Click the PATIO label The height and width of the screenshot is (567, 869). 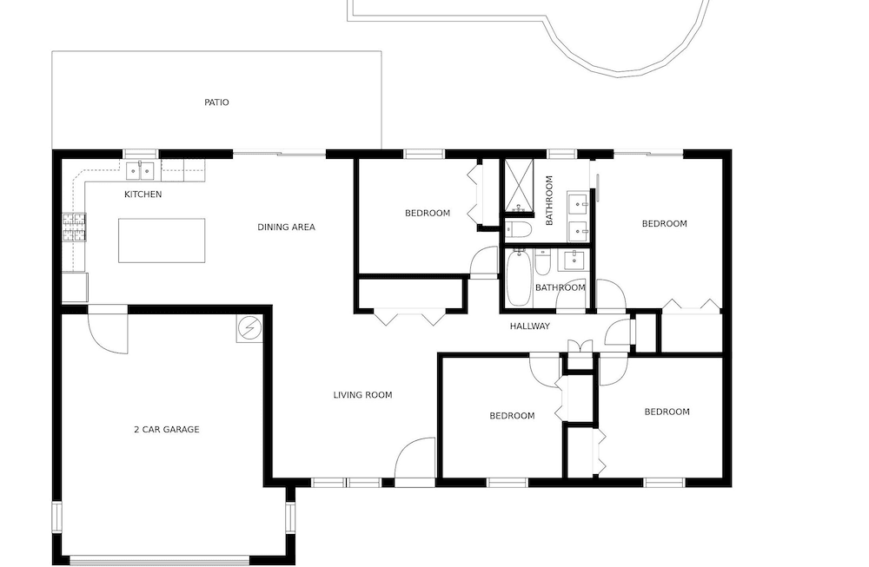[216, 102]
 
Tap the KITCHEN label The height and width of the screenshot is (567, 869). [143, 194]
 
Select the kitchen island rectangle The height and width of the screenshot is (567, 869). [162, 241]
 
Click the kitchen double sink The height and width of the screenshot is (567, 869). [140, 171]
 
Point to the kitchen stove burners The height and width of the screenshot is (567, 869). [74, 227]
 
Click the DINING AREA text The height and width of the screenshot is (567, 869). [287, 227]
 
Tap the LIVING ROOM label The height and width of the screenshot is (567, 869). [363, 395]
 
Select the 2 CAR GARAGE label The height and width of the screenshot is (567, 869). [167, 430]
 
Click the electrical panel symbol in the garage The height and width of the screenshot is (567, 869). [249, 329]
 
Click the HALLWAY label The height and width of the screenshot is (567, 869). [530, 326]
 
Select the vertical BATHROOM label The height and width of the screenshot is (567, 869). [549, 201]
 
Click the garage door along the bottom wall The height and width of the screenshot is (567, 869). [160, 560]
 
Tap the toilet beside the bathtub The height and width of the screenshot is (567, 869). [542, 262]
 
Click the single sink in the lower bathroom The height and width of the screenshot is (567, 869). [574, 260]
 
